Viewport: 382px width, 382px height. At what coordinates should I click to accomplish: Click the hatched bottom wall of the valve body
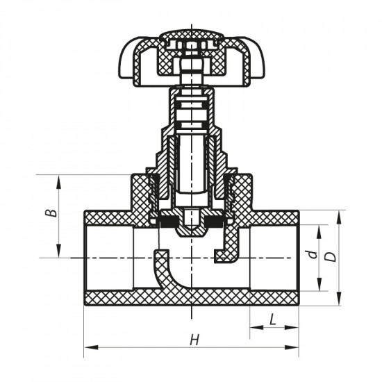point(191,299)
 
